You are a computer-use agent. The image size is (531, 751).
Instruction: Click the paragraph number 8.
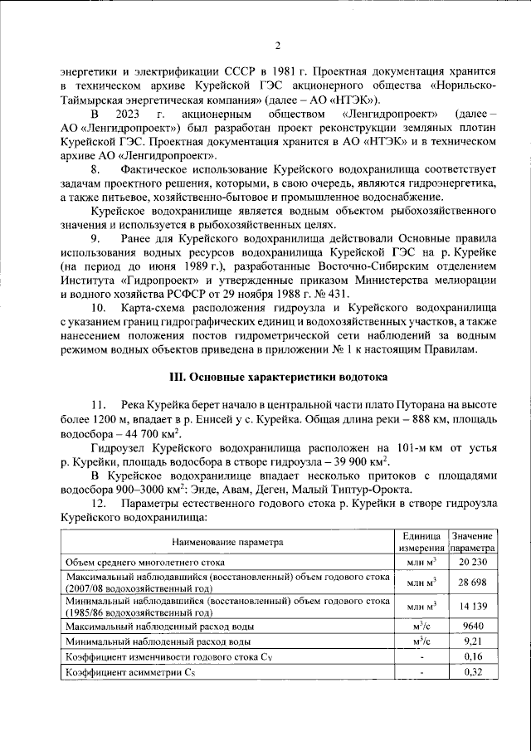pos(95,169)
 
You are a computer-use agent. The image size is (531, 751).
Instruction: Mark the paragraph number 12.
pos(99,505)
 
